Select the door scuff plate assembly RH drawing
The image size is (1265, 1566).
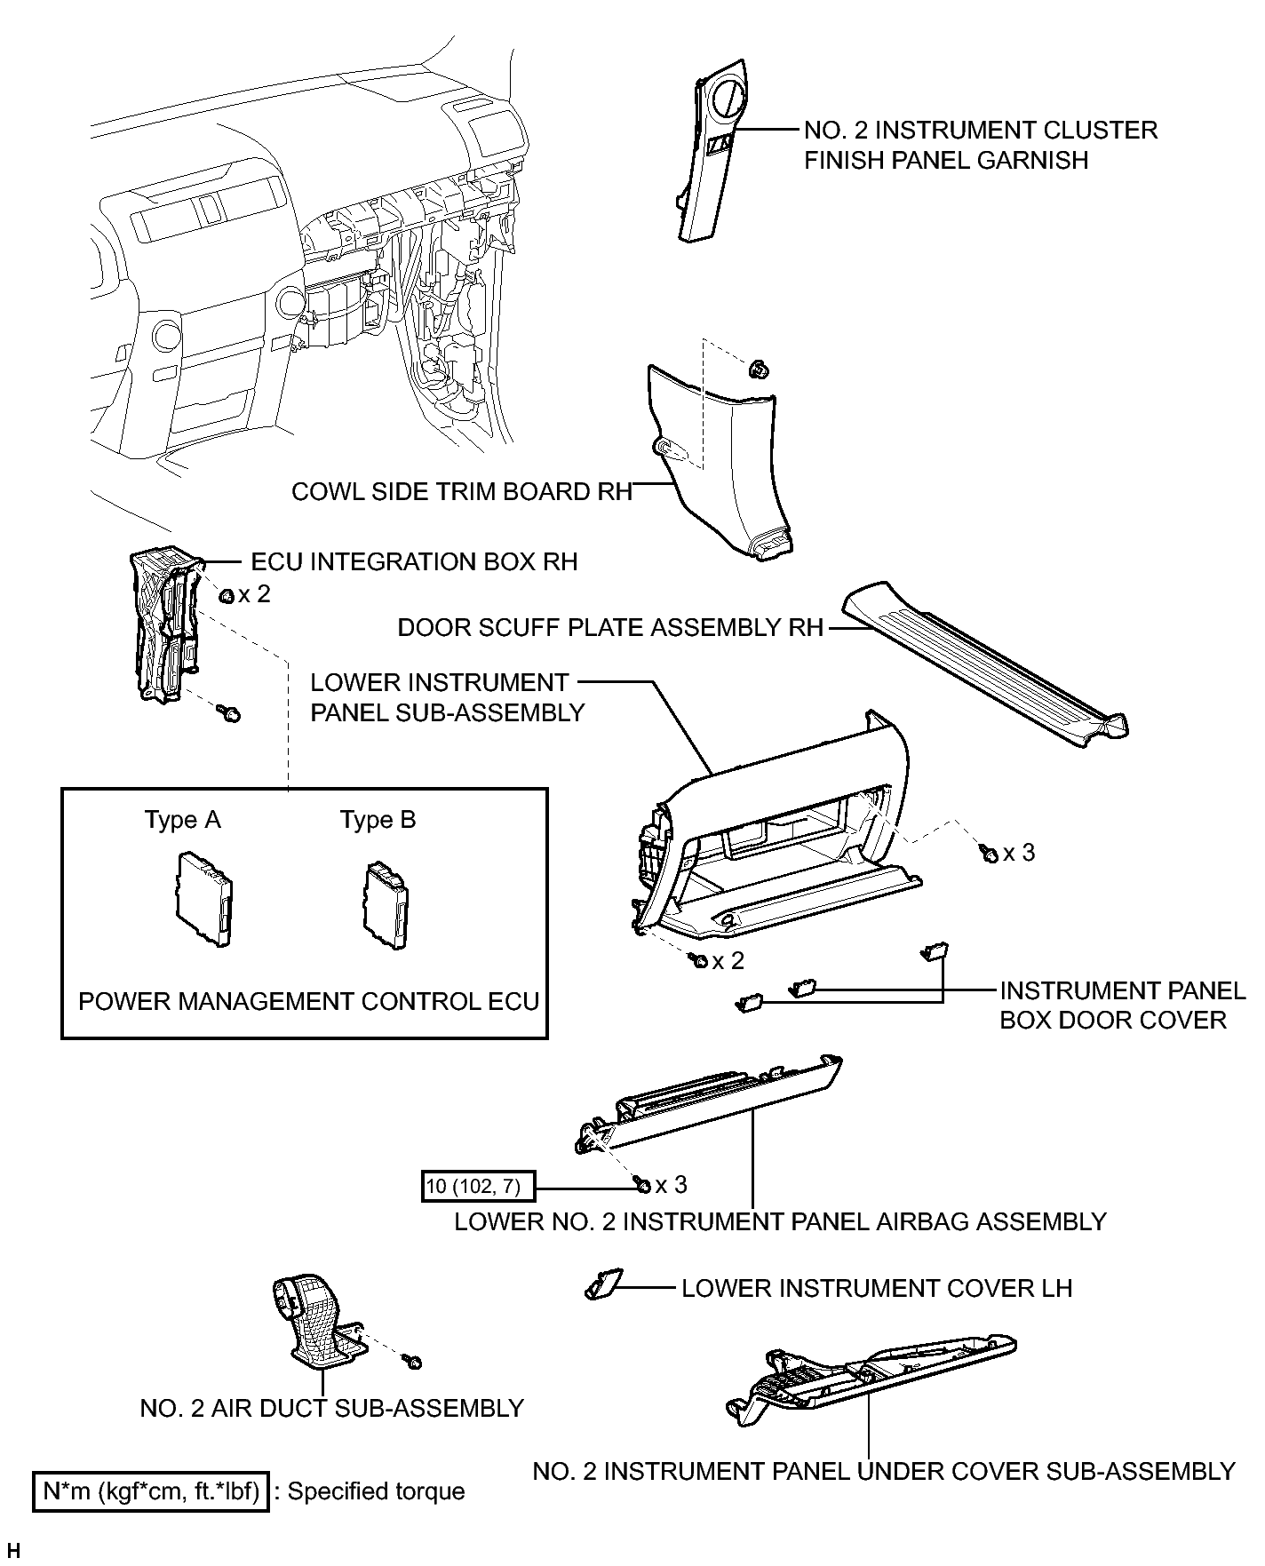(986, 657)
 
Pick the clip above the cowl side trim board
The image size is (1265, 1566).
(758, 368)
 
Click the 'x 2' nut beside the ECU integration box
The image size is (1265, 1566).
(227, 594)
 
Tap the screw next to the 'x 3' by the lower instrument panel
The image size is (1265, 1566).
(989, 854)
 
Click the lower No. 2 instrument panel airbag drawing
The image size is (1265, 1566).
(711, 1106)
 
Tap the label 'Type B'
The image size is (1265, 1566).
(378, 820)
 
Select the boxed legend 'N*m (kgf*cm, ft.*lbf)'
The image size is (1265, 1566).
(150, 1491)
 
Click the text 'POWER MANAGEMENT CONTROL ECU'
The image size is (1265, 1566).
(309, 1002)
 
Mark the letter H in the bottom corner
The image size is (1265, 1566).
(13, 1551)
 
